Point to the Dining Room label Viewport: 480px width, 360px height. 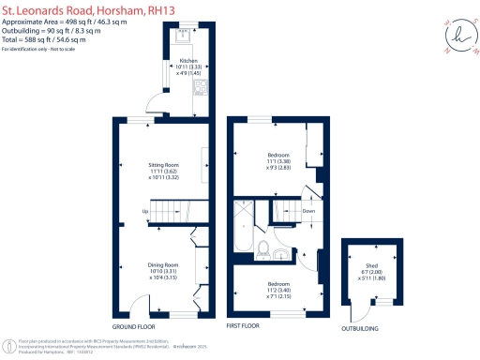tap(157, 264)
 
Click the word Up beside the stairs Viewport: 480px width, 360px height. tap(144, 212)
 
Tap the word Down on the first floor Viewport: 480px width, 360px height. tap(307, 212)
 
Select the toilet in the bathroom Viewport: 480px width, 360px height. tap(265, 250)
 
